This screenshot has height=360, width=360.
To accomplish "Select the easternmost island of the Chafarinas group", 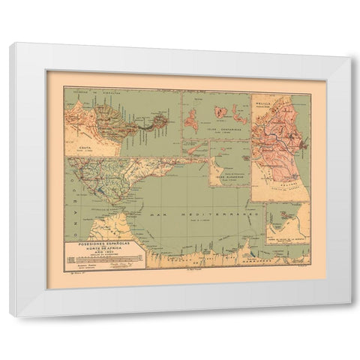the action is click(239, 112).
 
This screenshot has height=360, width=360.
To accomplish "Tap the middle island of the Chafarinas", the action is click(221, 112).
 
